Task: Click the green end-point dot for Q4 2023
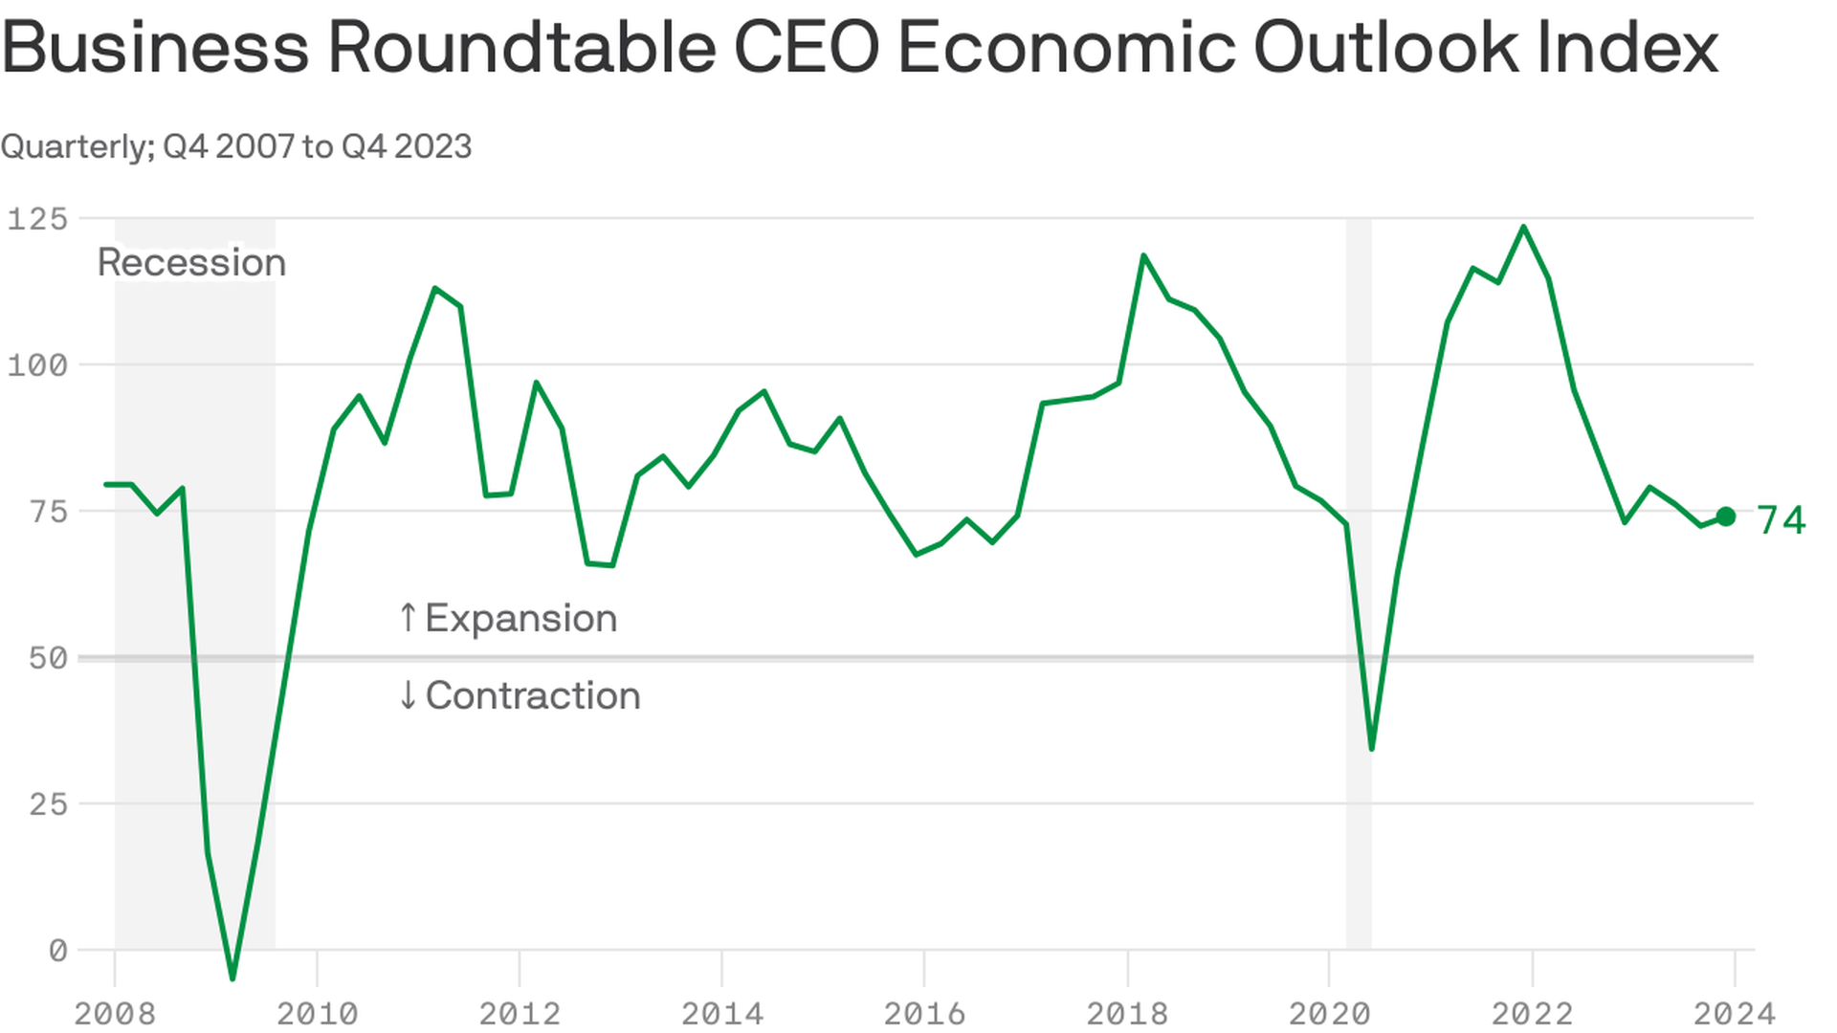[x=1726, y=516]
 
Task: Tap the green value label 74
[x=1781, y=520]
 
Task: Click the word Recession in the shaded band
[x=191, y=263]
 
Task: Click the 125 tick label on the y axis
[x=38, y=219]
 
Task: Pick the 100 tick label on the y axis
[x=38, y=365]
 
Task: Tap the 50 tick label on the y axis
[x=48, y=658]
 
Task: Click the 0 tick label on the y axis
[x=57, y=951]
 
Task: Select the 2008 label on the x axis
[x=115, y=1013]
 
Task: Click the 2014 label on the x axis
[x=722, y=1013]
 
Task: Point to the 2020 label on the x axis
[x=1330, y=1013]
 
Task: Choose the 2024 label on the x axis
[x=1735, y=1013]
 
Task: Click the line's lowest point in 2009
[x=232, y=978]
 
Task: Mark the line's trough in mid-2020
[x=1372, y=748]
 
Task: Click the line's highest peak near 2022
[x=1523, y=227]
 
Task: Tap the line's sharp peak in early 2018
[x=1143, y=255]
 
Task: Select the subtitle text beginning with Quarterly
[x=236, y=146]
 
